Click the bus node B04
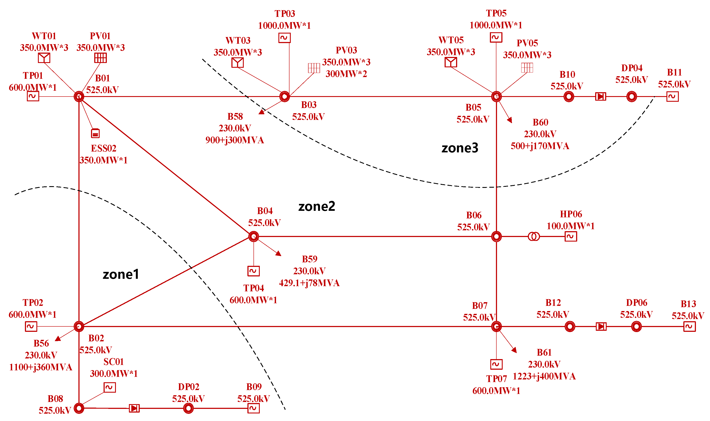coord(253,236)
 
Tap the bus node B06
coord(496,236)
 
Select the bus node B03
coord(284,97)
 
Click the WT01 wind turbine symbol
coord(44,58)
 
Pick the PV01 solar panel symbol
coord(100,58)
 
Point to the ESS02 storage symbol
coord(95,133)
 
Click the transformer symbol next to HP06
coord(534,236)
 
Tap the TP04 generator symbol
coord(253,271)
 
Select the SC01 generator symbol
coord(110,387)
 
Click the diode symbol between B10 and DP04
coord(600,97)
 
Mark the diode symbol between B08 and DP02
coord(134,408)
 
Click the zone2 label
coord(317,206)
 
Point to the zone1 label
coord(121,274)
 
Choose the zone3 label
coord(460,148)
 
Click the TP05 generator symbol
coord(496,37)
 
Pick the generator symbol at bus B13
coord(689,326)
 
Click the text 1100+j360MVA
coord(41,367)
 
